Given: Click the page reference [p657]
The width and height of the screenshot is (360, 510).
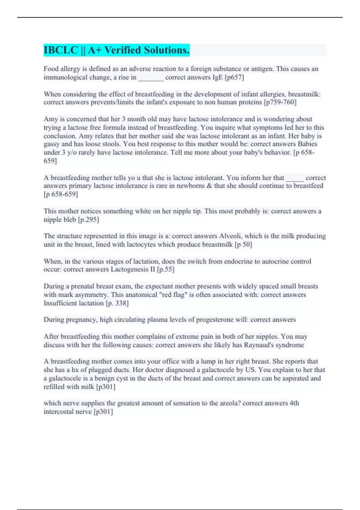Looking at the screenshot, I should point(234,77).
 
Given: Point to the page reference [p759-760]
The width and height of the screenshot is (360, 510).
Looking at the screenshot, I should point(280,102).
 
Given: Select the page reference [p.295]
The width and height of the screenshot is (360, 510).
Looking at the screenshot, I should point(88,220).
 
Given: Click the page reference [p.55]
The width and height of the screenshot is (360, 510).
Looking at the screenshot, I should point(165,269).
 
